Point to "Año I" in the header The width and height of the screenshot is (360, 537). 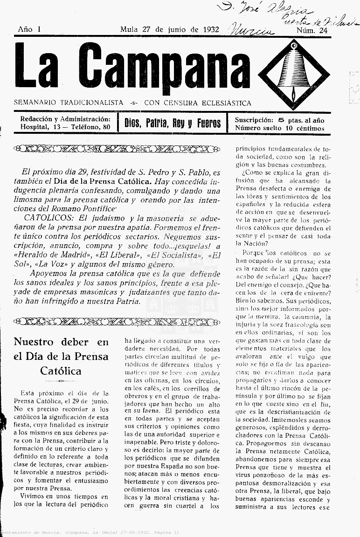29,29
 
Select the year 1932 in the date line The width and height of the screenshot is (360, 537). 211,29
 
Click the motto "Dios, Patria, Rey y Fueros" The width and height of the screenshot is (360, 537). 172,123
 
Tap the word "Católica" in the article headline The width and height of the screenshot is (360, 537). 61,371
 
